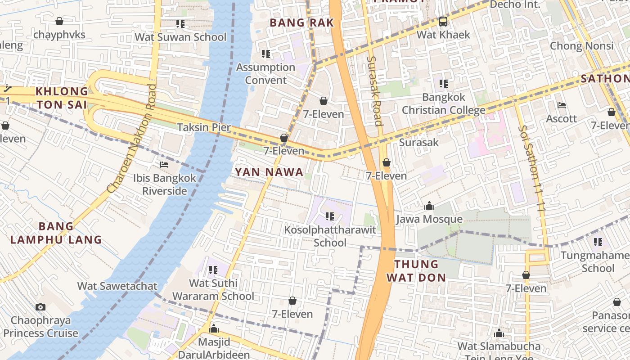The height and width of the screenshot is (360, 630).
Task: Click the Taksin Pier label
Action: point(204,127)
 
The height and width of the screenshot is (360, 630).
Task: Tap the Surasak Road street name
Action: point(374,91)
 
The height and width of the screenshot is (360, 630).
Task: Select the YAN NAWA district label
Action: point(269,172)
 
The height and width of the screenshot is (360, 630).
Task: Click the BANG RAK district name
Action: point(301,22)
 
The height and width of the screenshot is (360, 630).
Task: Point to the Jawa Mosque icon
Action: point(429,206)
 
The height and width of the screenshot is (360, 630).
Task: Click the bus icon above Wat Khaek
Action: point(443,21)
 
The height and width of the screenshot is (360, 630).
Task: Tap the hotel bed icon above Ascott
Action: point(561,105)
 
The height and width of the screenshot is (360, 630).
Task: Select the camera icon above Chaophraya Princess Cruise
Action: point(40,307)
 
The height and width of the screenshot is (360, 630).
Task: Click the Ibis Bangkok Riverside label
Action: point(165,184)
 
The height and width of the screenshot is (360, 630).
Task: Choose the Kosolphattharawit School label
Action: point(330,236)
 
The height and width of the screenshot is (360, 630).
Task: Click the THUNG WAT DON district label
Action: point(416,270)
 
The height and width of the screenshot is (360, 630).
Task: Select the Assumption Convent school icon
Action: point(266,54)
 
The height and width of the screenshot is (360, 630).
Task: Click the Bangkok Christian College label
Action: point(443,103)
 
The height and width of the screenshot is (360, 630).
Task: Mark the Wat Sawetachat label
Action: point(117,286)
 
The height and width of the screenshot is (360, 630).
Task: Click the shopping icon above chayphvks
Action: point(59,21)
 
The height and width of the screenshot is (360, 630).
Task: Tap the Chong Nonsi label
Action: point(581,46)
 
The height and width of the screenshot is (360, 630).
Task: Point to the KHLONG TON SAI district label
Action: point(62,98)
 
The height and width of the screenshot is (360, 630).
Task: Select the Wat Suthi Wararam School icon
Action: point(213,270)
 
